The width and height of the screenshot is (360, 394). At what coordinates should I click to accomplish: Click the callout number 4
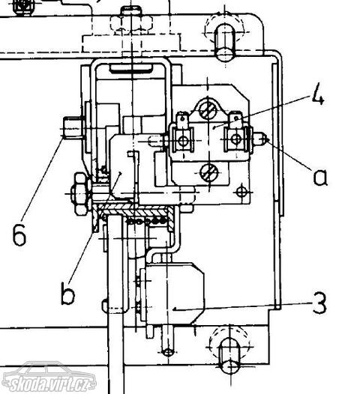(x=318, y=96)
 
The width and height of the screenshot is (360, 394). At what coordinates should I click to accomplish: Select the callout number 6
(x=19, y=234)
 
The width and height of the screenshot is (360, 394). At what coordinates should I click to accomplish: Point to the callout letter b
(x=67, y=293)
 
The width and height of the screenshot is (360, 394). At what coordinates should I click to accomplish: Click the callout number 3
(x=319, y=303)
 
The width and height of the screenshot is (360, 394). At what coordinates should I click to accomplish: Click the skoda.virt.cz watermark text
(x=50, y=384)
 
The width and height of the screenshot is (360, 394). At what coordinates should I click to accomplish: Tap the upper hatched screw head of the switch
(x=208, y=110)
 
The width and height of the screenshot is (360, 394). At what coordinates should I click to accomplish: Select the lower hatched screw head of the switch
(x=209, y=173)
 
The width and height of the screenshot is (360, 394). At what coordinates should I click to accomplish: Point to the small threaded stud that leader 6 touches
(x=72, y=127)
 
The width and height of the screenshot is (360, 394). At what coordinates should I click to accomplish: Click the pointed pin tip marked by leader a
(x=261, y=139)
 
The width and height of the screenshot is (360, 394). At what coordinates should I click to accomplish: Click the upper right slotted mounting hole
(x=225, y=42)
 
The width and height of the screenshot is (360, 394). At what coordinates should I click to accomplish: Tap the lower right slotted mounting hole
(x=229, y=357)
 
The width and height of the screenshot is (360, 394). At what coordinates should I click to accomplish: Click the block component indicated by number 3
(x=172, y=294)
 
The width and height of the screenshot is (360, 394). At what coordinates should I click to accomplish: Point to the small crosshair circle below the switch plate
(x=241, y=193)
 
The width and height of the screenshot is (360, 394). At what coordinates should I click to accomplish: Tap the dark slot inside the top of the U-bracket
(x=130, y=68)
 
